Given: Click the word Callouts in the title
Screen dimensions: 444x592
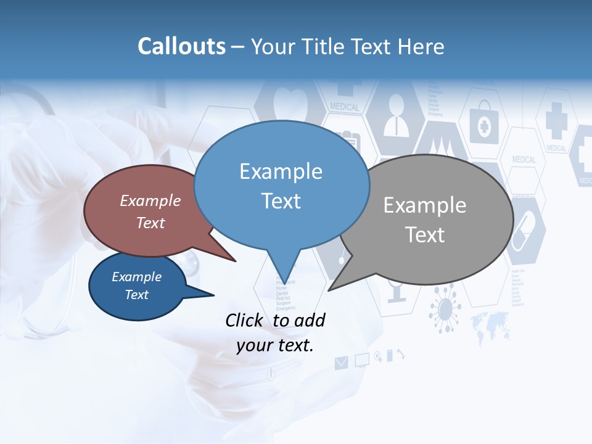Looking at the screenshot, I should click(181, 47).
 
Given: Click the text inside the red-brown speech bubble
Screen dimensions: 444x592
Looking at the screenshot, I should click(150, 212).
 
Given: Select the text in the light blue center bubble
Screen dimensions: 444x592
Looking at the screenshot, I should click(281, 186).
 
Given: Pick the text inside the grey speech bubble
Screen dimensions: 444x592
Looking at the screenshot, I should click(425, 220).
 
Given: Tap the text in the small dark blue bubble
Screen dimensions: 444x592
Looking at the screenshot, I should click(137, 286).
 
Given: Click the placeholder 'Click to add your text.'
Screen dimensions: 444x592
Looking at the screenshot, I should click(275, 332).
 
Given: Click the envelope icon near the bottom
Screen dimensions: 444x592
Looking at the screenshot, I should click(341, 363).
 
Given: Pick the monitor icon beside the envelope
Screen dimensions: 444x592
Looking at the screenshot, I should click(361, 360).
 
